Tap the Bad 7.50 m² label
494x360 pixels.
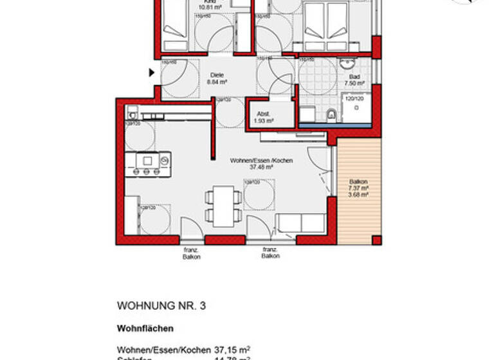click(354, 80)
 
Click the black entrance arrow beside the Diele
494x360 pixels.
click(152, 73)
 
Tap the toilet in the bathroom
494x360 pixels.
click(331, 114)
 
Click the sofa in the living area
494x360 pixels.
click(300, 224)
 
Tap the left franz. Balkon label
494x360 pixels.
click(192, 253)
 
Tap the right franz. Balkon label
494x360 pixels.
click(271, 253)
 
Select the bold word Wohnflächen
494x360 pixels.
click(145, 328)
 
